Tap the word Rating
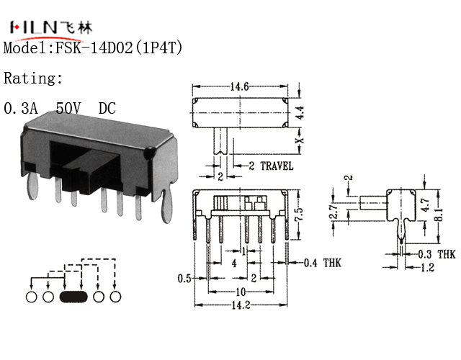click(32, 78)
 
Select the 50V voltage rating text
click(68, 108)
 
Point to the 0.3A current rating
click(21, 108)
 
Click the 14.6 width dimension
click(240, 86)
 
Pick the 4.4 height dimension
click(300, 112)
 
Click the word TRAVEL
click(277, 166)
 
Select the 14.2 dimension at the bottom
click(241, 305)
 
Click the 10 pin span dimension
click(241, 292)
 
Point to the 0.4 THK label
click(322, 263)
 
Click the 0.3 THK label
click(437, 254)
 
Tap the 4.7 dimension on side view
click(425, 205)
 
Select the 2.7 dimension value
click(334, 211)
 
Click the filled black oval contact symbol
click(73, 297)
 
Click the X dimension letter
click(300, 140)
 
